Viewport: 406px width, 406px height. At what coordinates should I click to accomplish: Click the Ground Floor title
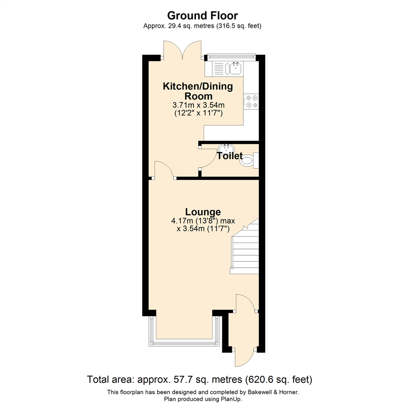tap(203, 15)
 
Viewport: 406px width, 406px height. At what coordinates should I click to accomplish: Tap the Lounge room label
tap(203, 212)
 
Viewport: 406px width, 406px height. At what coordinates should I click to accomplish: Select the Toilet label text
tap(229, 156)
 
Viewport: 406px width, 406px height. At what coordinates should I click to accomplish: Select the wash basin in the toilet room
tap(227, 148)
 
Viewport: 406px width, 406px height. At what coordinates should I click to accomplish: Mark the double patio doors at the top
tap(183, 50)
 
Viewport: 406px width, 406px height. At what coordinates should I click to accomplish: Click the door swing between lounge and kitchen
tap(164, 169)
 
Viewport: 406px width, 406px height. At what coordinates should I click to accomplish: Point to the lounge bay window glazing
tap(184, 343)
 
